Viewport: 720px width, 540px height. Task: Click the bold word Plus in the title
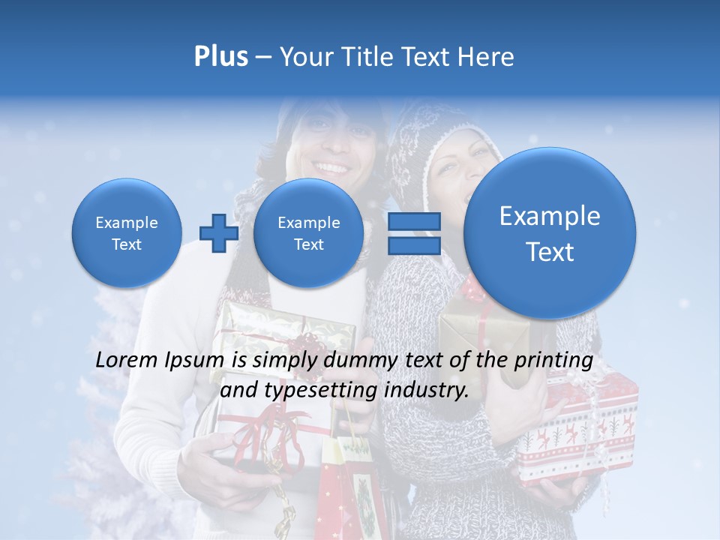point(220,57)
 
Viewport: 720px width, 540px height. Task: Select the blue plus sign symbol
point(219,233)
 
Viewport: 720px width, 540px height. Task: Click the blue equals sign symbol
point(415,233)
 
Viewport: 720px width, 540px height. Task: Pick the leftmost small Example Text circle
point(126,233)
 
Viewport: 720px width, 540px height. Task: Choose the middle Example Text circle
point(308,233)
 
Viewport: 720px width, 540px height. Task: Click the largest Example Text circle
point(550,233)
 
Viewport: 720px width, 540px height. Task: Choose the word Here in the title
point(487,57)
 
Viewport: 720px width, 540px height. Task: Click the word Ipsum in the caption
point(197,361)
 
